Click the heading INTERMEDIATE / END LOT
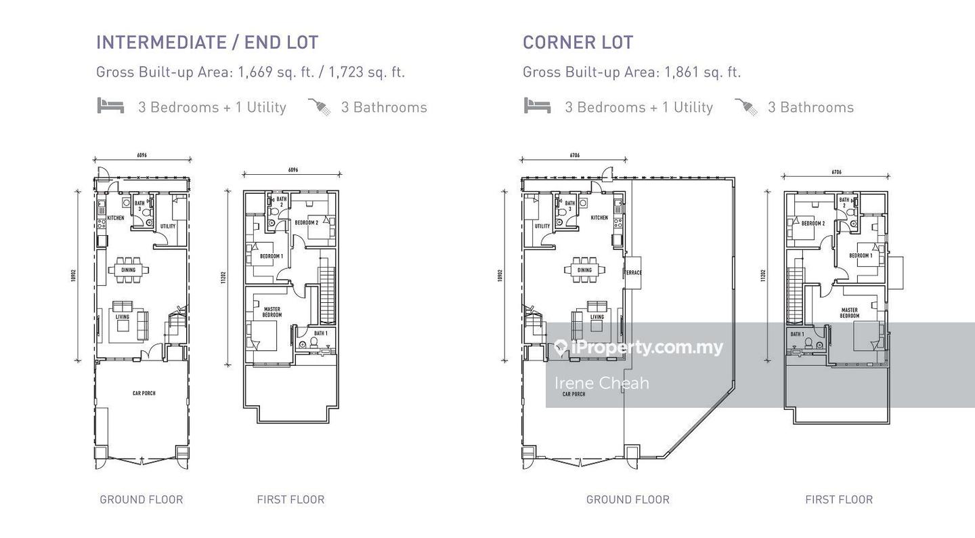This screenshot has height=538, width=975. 207,42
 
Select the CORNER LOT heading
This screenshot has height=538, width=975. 578,42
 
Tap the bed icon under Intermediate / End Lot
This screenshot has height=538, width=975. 110,106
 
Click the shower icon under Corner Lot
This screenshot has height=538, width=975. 746,106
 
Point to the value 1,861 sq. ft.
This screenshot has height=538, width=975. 703,72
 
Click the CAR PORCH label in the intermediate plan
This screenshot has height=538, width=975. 144,393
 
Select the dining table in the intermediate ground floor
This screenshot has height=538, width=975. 128,270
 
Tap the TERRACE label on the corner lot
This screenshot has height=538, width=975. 633,273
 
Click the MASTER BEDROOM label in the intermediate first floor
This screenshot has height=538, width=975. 272,312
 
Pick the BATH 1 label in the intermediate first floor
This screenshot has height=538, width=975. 320,333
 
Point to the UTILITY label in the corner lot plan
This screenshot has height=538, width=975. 542,226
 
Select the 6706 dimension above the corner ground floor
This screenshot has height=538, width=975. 574,155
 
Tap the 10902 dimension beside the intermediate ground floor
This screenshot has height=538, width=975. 74,276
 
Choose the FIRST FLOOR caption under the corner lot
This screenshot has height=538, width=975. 838,499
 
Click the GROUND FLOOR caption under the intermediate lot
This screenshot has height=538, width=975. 141,499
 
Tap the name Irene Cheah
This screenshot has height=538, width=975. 601,383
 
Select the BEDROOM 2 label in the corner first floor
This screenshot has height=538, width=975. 812,223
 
